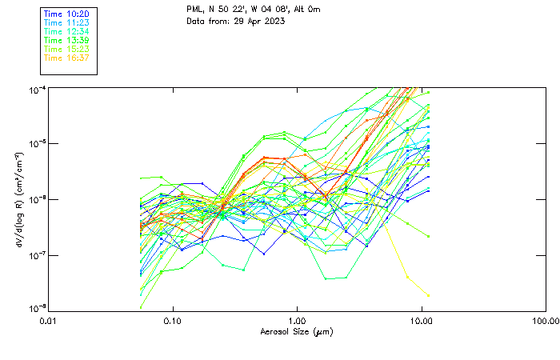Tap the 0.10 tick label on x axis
tap(173, 320)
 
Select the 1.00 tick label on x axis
tap(297, 320)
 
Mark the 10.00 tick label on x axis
tap(421, 320)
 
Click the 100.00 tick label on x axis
tap(545, 320)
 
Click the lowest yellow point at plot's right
tap(428, 296)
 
